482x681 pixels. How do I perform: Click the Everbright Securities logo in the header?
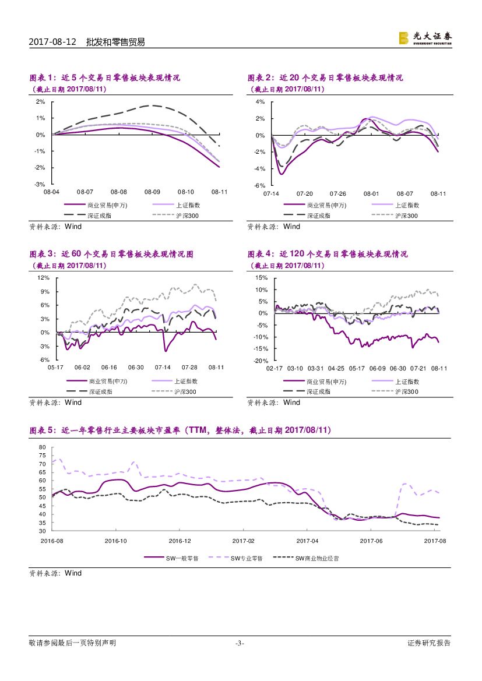pyautogui.click(x=425, y=38)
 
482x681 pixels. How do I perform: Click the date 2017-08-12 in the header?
pyautogui.click(x=53, y=42)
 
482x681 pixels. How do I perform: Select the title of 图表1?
pyautogui.click(x=105, y=77)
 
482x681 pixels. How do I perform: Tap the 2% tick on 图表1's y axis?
pyautogui.click(x=41, y=101)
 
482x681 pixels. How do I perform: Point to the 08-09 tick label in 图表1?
pyautogui.click(x=152, y=191)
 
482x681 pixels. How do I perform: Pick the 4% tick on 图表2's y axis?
pyautogui.click(x=261, y=101)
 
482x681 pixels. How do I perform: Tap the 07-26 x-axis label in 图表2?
pyautogui.click(x=338, y=193)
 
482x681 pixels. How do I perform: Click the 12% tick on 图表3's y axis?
pyautogui.click(x=43, y=277)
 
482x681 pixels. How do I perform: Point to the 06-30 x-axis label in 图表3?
pyautogui.click(x=136, y=368)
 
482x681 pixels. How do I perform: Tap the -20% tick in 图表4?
pyautogui.click(x=260, y=361)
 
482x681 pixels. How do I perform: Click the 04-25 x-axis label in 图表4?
pyautogui.click(x=336, y=368)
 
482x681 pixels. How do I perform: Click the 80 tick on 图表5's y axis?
pyautogui.click(x=41, y=447)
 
